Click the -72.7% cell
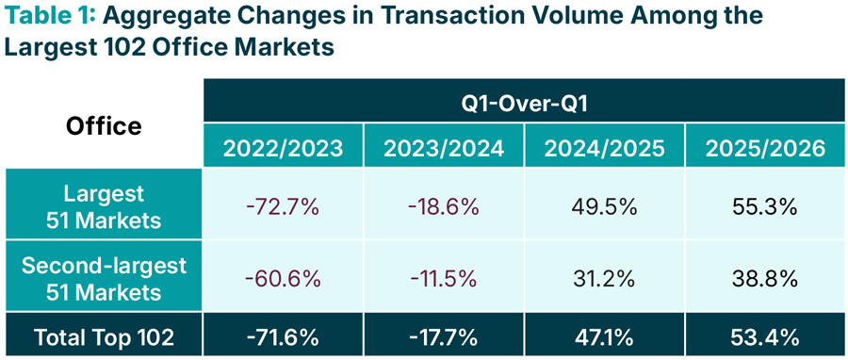click(283, 207)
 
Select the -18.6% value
click(444, 207)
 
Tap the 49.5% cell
click(605, 207)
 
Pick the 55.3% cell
click(765, 207)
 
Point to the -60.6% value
click(283, 279)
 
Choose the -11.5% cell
click(444, 279)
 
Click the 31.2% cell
click(605, 279)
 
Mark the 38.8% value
click(765, 279)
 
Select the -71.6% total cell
click(283, 337)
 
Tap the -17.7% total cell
click(444, 337)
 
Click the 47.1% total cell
click(605, 337)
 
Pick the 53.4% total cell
click(765, 337)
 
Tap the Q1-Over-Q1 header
click(524, 101)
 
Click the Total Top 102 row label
click(104, 337)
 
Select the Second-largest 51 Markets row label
click(104, 279)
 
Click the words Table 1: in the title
click(50, 16)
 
